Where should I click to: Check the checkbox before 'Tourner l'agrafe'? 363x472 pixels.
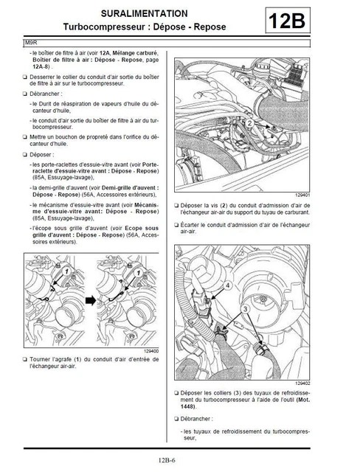tap(26, 359)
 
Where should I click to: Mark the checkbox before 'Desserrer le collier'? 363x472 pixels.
tap(26, 77)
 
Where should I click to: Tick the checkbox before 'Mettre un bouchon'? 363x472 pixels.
tap(26, 137)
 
